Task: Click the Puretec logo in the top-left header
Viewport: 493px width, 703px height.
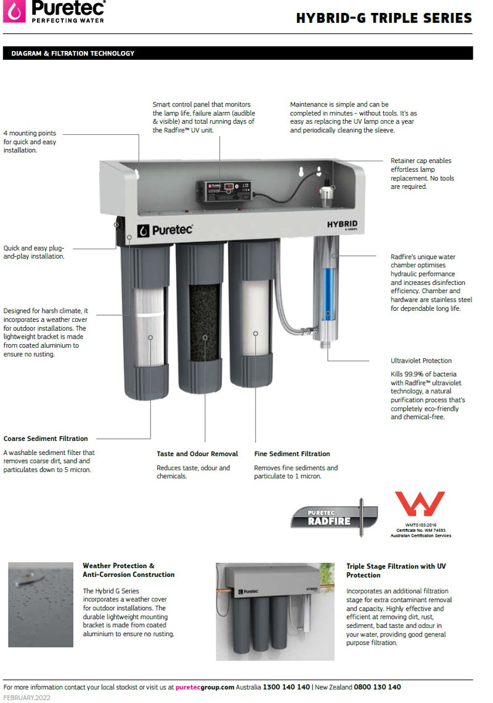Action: pyautogui.click(x=54, y=12)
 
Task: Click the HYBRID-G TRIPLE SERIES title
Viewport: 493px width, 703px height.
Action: pyautogui.click(x=384, y=18)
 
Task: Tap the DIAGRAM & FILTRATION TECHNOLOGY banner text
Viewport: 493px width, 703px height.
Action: pyautogui.click(x=73, y=54)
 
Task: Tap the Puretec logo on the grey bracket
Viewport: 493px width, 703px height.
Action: pyautogui.click(x=165, y=230)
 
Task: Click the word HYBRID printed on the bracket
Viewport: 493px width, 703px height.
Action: pyautogui.click(x=342, y=224)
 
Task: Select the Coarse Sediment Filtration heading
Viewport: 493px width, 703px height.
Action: pyautogui.click(x=46, y=439)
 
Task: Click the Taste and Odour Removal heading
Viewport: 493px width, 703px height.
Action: pyautogui.click(x=197, y=454)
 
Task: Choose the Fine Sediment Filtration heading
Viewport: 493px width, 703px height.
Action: pyautogui.click(x=292, y=454)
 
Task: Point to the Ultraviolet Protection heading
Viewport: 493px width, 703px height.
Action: pyautogui.click(x=421, y=361)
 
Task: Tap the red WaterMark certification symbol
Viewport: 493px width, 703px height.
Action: pyautogui.click(x=420, y=504)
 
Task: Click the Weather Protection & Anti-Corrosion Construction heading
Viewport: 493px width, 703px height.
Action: pyautogui.click(x=128, y=570)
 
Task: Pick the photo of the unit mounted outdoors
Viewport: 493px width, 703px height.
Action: pyautogui.click(x=275, y=611)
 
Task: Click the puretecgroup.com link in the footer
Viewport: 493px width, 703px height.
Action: pyautogui.click(x=205, y=687)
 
